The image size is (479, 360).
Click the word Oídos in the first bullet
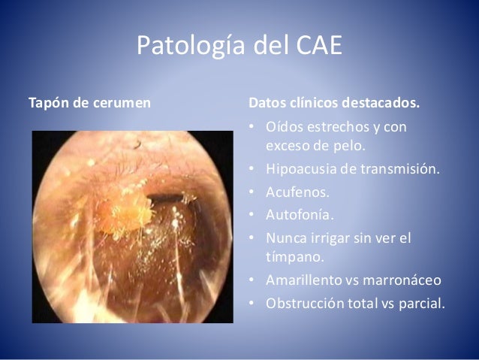[x=281, y=126]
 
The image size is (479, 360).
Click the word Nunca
[x=282, y=239]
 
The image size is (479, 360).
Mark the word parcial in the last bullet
[x=423, y=304]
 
